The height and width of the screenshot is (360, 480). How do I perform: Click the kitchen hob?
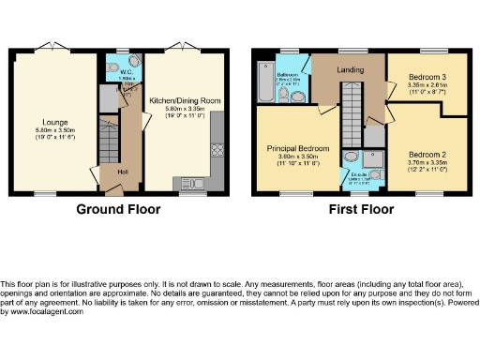[x=217, y=148]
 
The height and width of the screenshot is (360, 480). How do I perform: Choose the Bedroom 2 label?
[x=427, y=154]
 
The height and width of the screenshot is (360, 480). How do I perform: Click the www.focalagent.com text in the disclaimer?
[x=44, y=311]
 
